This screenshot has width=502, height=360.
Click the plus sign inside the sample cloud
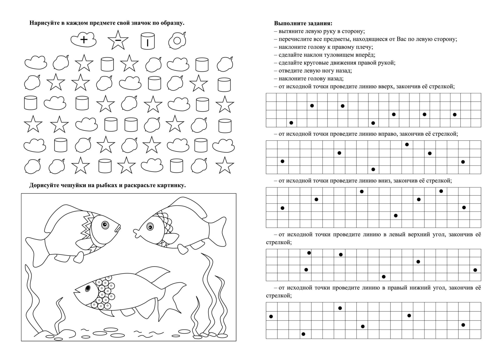pos(84,40)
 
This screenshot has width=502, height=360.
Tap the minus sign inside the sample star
pos(118,40)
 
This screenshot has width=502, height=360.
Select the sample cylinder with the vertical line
pos(148,41)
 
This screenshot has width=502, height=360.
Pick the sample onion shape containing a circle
pos(177,41)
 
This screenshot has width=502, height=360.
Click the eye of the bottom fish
pos(88,288)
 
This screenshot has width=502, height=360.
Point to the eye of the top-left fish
pos(105,224)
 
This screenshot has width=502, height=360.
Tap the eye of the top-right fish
pos(150,226)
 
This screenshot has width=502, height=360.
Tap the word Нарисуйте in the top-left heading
pos(43,23)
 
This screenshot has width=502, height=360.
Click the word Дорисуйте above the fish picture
pos(43,185)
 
